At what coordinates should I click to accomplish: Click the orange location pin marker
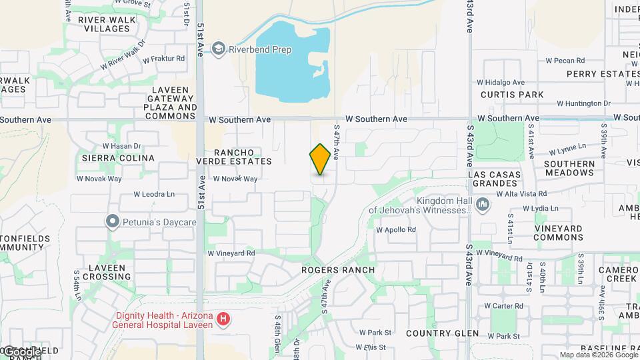[x=321, y=159]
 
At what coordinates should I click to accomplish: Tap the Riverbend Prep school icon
[x=219, y=49]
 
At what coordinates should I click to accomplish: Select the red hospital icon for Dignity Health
[x=223, y=320]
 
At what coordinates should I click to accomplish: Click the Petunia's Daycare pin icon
[x=113, y=221]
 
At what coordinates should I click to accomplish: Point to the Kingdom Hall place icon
[x=483, y=204]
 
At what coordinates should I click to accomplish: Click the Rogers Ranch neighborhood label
[x=338, y=270]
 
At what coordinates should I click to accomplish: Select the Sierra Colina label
[x=117, y=158]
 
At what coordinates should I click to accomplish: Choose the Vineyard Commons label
[x=549, y=233]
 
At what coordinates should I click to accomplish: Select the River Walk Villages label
[x=107, y=24]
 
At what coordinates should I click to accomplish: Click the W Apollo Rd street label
[x=396, y=229]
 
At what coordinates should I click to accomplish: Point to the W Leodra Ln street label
[x=153, y=195]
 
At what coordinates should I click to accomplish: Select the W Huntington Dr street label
[x=584, y=103]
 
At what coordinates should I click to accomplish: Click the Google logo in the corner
[x=23, y=351]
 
